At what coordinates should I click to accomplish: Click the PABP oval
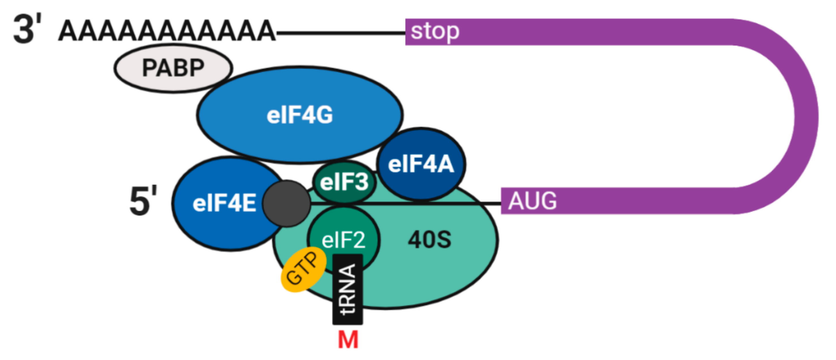pyautogui.click(x=173, y=68)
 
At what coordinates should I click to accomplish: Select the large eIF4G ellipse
pyautogui.click(x=299, y=115)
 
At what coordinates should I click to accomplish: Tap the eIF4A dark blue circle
pyautogui.click(x=421, y=164)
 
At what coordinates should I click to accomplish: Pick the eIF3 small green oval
pyautogui.click(x=344, y=182)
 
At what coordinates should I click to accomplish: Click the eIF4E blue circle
pyautogui.click(x=224, y=203)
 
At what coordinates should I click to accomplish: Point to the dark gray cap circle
pyautogui.click(x=286, y=203)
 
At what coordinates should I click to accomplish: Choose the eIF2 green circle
pyautogui.click(x=343, y=239)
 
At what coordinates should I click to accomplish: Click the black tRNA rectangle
pyautogui.click(x=348, y=290)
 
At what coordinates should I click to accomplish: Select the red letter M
pyautogui.click(x=348, y=340)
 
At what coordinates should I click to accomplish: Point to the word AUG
pyautogui.click(x=532, y=201)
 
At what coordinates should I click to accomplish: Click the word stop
pyautogui.click(x=435, y=32)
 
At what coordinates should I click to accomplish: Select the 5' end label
pyautogui.click(x=143, y=201)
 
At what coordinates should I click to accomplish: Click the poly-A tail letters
pyautogui.click(x=166, y=31)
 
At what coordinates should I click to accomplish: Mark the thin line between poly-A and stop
pyautogui.click(x=341, y=33)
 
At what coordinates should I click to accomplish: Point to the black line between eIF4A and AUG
pyautogui.click(x=483, y=203)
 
